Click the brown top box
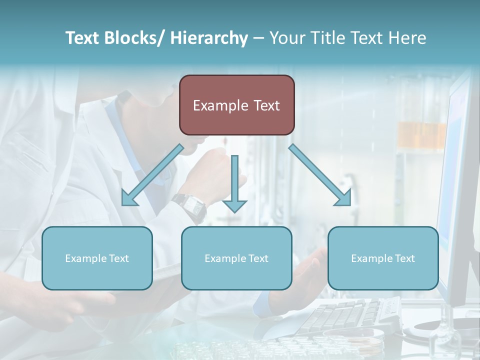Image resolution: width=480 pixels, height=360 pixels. coord(236,105)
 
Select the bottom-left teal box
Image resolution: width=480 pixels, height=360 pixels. coord(97,258)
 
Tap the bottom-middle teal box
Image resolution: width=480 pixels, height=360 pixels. coord(236,258)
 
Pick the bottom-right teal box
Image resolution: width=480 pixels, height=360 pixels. coord(383,258)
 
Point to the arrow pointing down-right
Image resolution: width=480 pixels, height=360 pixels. coord(320,175)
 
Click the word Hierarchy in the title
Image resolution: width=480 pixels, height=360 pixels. coord(209,38)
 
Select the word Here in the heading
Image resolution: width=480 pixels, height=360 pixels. coord(407,38)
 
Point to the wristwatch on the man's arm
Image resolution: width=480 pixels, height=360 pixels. coord(190,206)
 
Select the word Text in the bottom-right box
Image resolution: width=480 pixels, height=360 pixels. coord(404,258)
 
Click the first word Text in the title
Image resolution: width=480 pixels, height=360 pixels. coord(83,38)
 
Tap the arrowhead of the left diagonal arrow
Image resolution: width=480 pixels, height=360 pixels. coord(128,199)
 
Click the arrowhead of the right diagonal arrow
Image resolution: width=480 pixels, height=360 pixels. coord(344,198)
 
